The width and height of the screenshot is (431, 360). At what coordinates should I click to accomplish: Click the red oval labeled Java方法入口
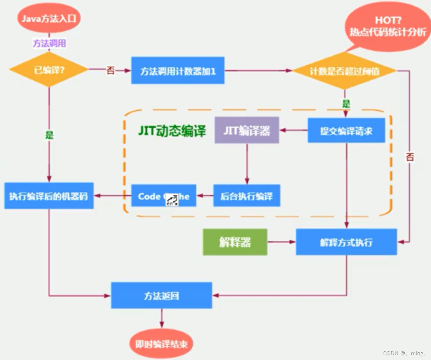click(49, 18)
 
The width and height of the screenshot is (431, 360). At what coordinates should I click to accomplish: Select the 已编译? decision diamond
click(49, 69)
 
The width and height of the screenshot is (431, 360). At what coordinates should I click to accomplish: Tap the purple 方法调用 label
click(49, 43)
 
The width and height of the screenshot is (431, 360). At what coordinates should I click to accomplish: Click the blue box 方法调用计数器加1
click(178, 71)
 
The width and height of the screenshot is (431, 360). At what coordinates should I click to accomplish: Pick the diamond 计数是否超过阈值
click(345, 71)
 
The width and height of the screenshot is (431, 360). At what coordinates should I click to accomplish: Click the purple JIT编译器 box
click(247, 130)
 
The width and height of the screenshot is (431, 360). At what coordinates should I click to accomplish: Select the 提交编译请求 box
click(346, 130)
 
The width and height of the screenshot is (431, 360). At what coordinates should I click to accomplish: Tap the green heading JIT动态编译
click(172, 131)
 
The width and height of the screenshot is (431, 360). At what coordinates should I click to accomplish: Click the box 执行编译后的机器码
click(49, 196)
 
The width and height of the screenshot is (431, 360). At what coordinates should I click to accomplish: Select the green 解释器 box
click(235, 242)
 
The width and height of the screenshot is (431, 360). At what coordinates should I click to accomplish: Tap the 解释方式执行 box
click(346, 242)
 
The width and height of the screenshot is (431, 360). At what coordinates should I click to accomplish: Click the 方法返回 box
click(161, 295)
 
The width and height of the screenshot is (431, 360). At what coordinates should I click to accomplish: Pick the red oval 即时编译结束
click(161, 344)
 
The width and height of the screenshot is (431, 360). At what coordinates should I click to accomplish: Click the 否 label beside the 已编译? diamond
click(110, 70)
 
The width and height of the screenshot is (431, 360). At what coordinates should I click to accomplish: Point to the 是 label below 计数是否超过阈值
click(346, 104)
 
